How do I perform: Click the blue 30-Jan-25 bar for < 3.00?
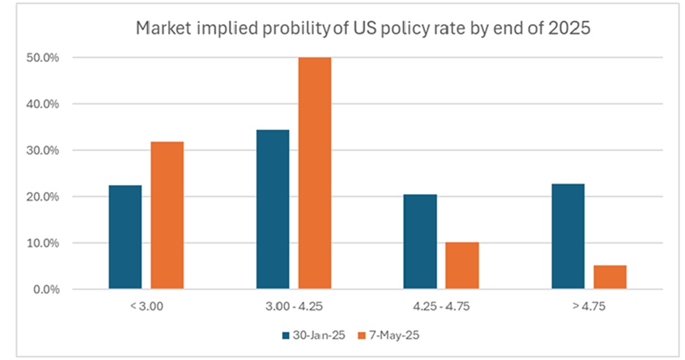coord(125,237)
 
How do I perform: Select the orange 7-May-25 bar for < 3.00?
coord(167,215)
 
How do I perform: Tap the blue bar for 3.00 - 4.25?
coord(273,209)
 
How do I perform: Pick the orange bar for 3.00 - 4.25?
coord(315,173)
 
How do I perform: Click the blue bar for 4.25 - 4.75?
coord(420,242)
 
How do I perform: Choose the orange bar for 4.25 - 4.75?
coord(462,266)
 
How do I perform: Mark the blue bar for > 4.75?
coord(568,236)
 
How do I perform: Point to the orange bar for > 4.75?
coord(610,277)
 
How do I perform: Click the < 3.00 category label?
coord(147,305)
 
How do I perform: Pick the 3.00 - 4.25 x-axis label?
coord(294,305)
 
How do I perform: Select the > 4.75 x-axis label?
coord(589,305)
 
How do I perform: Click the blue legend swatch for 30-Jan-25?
coord(286,335)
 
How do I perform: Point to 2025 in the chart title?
coord(572,29)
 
